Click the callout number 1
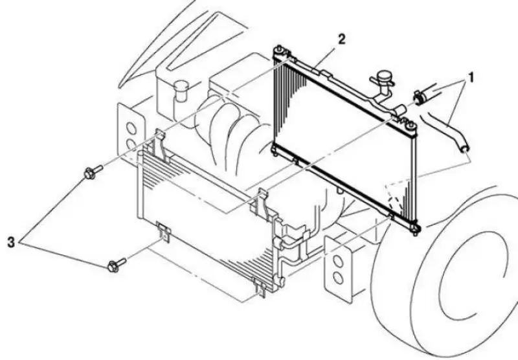(x=471, y=77)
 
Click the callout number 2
(x=342, y=39)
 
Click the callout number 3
(x=11, y=242)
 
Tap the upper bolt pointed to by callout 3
(x=93, y=172)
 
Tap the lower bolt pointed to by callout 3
(x=117, y=265)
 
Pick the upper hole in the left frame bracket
(x=131, y=128)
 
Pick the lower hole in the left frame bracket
(x=131, y=144)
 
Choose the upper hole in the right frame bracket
(x=337, y=261)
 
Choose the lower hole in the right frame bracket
(x=338, y=278)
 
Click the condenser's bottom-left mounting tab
(x=164, y=232)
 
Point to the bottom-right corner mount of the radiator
(x=415, y=228)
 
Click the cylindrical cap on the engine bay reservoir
(x=181, y=91)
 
